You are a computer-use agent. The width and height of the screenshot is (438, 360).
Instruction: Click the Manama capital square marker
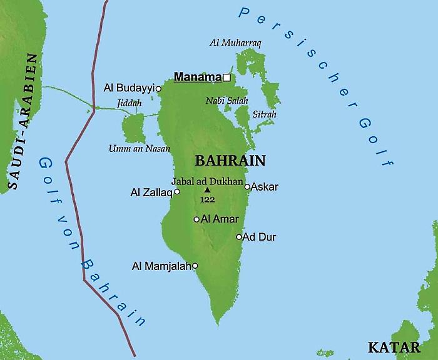(x=227, y=77)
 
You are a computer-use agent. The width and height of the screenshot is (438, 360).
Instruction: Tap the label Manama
(x=198, y=77)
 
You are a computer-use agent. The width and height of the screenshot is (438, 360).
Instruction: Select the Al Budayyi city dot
(x=158, y=89)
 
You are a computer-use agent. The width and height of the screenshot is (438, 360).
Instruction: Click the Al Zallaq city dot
(x=177, y=192)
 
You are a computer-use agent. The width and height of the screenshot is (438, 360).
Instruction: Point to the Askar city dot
(x=247, y=187)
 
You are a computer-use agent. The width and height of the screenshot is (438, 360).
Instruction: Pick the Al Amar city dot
(x=196, y=219)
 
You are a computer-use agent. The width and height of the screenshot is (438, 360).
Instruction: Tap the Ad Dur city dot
(x=238, y=237)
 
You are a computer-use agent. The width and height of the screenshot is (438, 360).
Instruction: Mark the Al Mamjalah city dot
(x=195, y=266)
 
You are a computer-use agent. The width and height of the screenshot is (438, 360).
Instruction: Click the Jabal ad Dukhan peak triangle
(x=207, y=190)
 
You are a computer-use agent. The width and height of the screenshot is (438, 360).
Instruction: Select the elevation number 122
(x=207, y=199)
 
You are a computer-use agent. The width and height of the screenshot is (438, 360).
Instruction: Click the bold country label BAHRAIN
(x=230, y=160)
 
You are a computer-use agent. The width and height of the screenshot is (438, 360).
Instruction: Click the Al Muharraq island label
(x=235, y=42)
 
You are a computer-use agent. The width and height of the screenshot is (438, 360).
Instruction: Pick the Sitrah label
(x=263, y=115)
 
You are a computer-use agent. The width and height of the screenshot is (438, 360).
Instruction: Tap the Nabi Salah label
(x=227, y=100)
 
